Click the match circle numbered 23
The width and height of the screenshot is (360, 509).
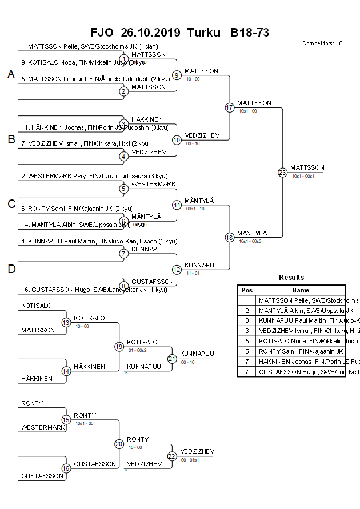(282, 172)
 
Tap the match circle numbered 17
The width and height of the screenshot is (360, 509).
(230, 107)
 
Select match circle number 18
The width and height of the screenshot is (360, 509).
(230, 237)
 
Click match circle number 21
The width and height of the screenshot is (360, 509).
(172, 359)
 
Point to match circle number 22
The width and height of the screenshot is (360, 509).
(172, 456)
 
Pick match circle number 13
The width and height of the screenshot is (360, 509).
(66, 323)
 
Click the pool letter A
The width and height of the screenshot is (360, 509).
(11, 74)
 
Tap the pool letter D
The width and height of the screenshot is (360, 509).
(11, 269)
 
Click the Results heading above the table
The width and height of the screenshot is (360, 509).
(291, 277)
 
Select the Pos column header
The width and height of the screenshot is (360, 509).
(247, 290)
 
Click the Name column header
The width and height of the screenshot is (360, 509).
(301, 290)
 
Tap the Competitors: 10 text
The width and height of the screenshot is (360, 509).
(322, 43)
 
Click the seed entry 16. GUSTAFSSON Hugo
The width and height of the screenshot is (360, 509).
(94, 290)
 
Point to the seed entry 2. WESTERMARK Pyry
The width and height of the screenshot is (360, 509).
(94, 177)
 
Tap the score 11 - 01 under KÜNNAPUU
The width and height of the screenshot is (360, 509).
(193, 274)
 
